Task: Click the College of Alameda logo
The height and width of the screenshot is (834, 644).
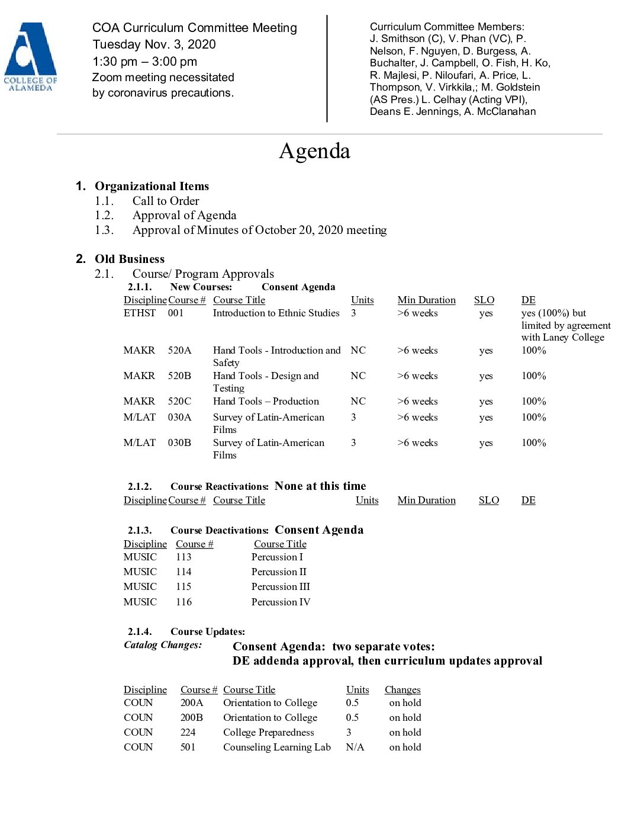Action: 30,57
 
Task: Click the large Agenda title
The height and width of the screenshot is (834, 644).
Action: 314,151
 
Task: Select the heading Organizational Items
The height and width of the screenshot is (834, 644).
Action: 152,186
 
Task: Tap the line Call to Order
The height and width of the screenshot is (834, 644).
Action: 166,201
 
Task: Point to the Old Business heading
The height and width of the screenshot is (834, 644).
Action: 130,259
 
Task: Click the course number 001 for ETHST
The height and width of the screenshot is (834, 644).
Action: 176,313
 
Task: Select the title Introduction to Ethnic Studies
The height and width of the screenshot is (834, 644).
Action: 276,313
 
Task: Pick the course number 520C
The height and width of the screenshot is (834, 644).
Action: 179,401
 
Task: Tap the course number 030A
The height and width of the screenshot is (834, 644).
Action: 179,417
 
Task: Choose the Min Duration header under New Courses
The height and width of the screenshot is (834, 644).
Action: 426,300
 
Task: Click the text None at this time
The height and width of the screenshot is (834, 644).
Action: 320,486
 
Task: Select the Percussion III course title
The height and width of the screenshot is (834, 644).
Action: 281,586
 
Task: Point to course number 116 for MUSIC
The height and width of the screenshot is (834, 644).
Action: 183,602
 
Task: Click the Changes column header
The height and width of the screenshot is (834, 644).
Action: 402,689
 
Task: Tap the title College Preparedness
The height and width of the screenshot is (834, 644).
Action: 268,732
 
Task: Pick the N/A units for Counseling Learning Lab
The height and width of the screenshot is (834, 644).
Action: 355,747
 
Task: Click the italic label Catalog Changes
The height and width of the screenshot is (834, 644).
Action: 163,644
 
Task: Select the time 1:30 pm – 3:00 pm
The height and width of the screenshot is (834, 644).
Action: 145,62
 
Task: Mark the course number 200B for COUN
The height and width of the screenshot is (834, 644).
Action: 191,717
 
